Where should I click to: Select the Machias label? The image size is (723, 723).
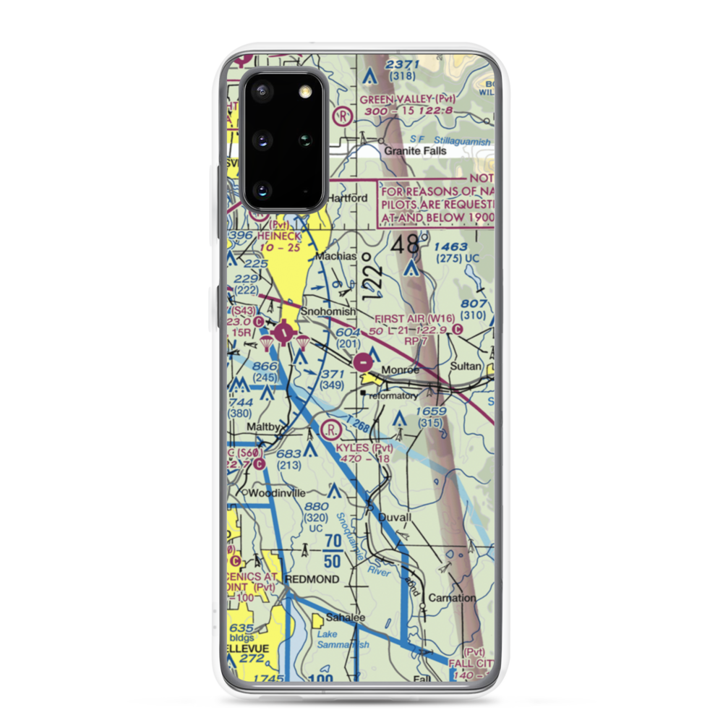coord(337,257)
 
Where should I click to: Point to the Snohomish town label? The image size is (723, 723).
coord(328,312)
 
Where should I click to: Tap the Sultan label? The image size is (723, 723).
coord(465,367)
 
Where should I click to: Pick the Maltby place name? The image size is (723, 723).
coord(262,427)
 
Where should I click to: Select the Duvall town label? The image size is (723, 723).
coord(394,518)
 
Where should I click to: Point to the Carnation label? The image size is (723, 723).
coord(452,598)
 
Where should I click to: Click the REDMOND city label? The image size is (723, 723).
coord(312,580)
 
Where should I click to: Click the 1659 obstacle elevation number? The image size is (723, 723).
coord(430,411)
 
